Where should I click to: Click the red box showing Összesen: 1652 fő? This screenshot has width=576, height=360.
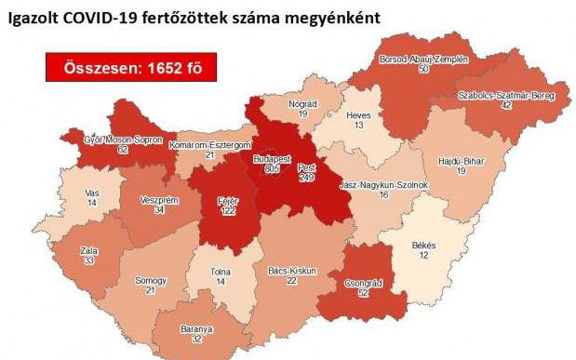click(x=127, y=67)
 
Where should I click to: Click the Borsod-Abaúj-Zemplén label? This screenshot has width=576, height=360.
click(x=423, y=59)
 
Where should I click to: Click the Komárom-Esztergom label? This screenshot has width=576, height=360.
click(x=211, y=146)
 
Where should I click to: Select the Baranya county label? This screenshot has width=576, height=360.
click(x=197, y=329)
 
